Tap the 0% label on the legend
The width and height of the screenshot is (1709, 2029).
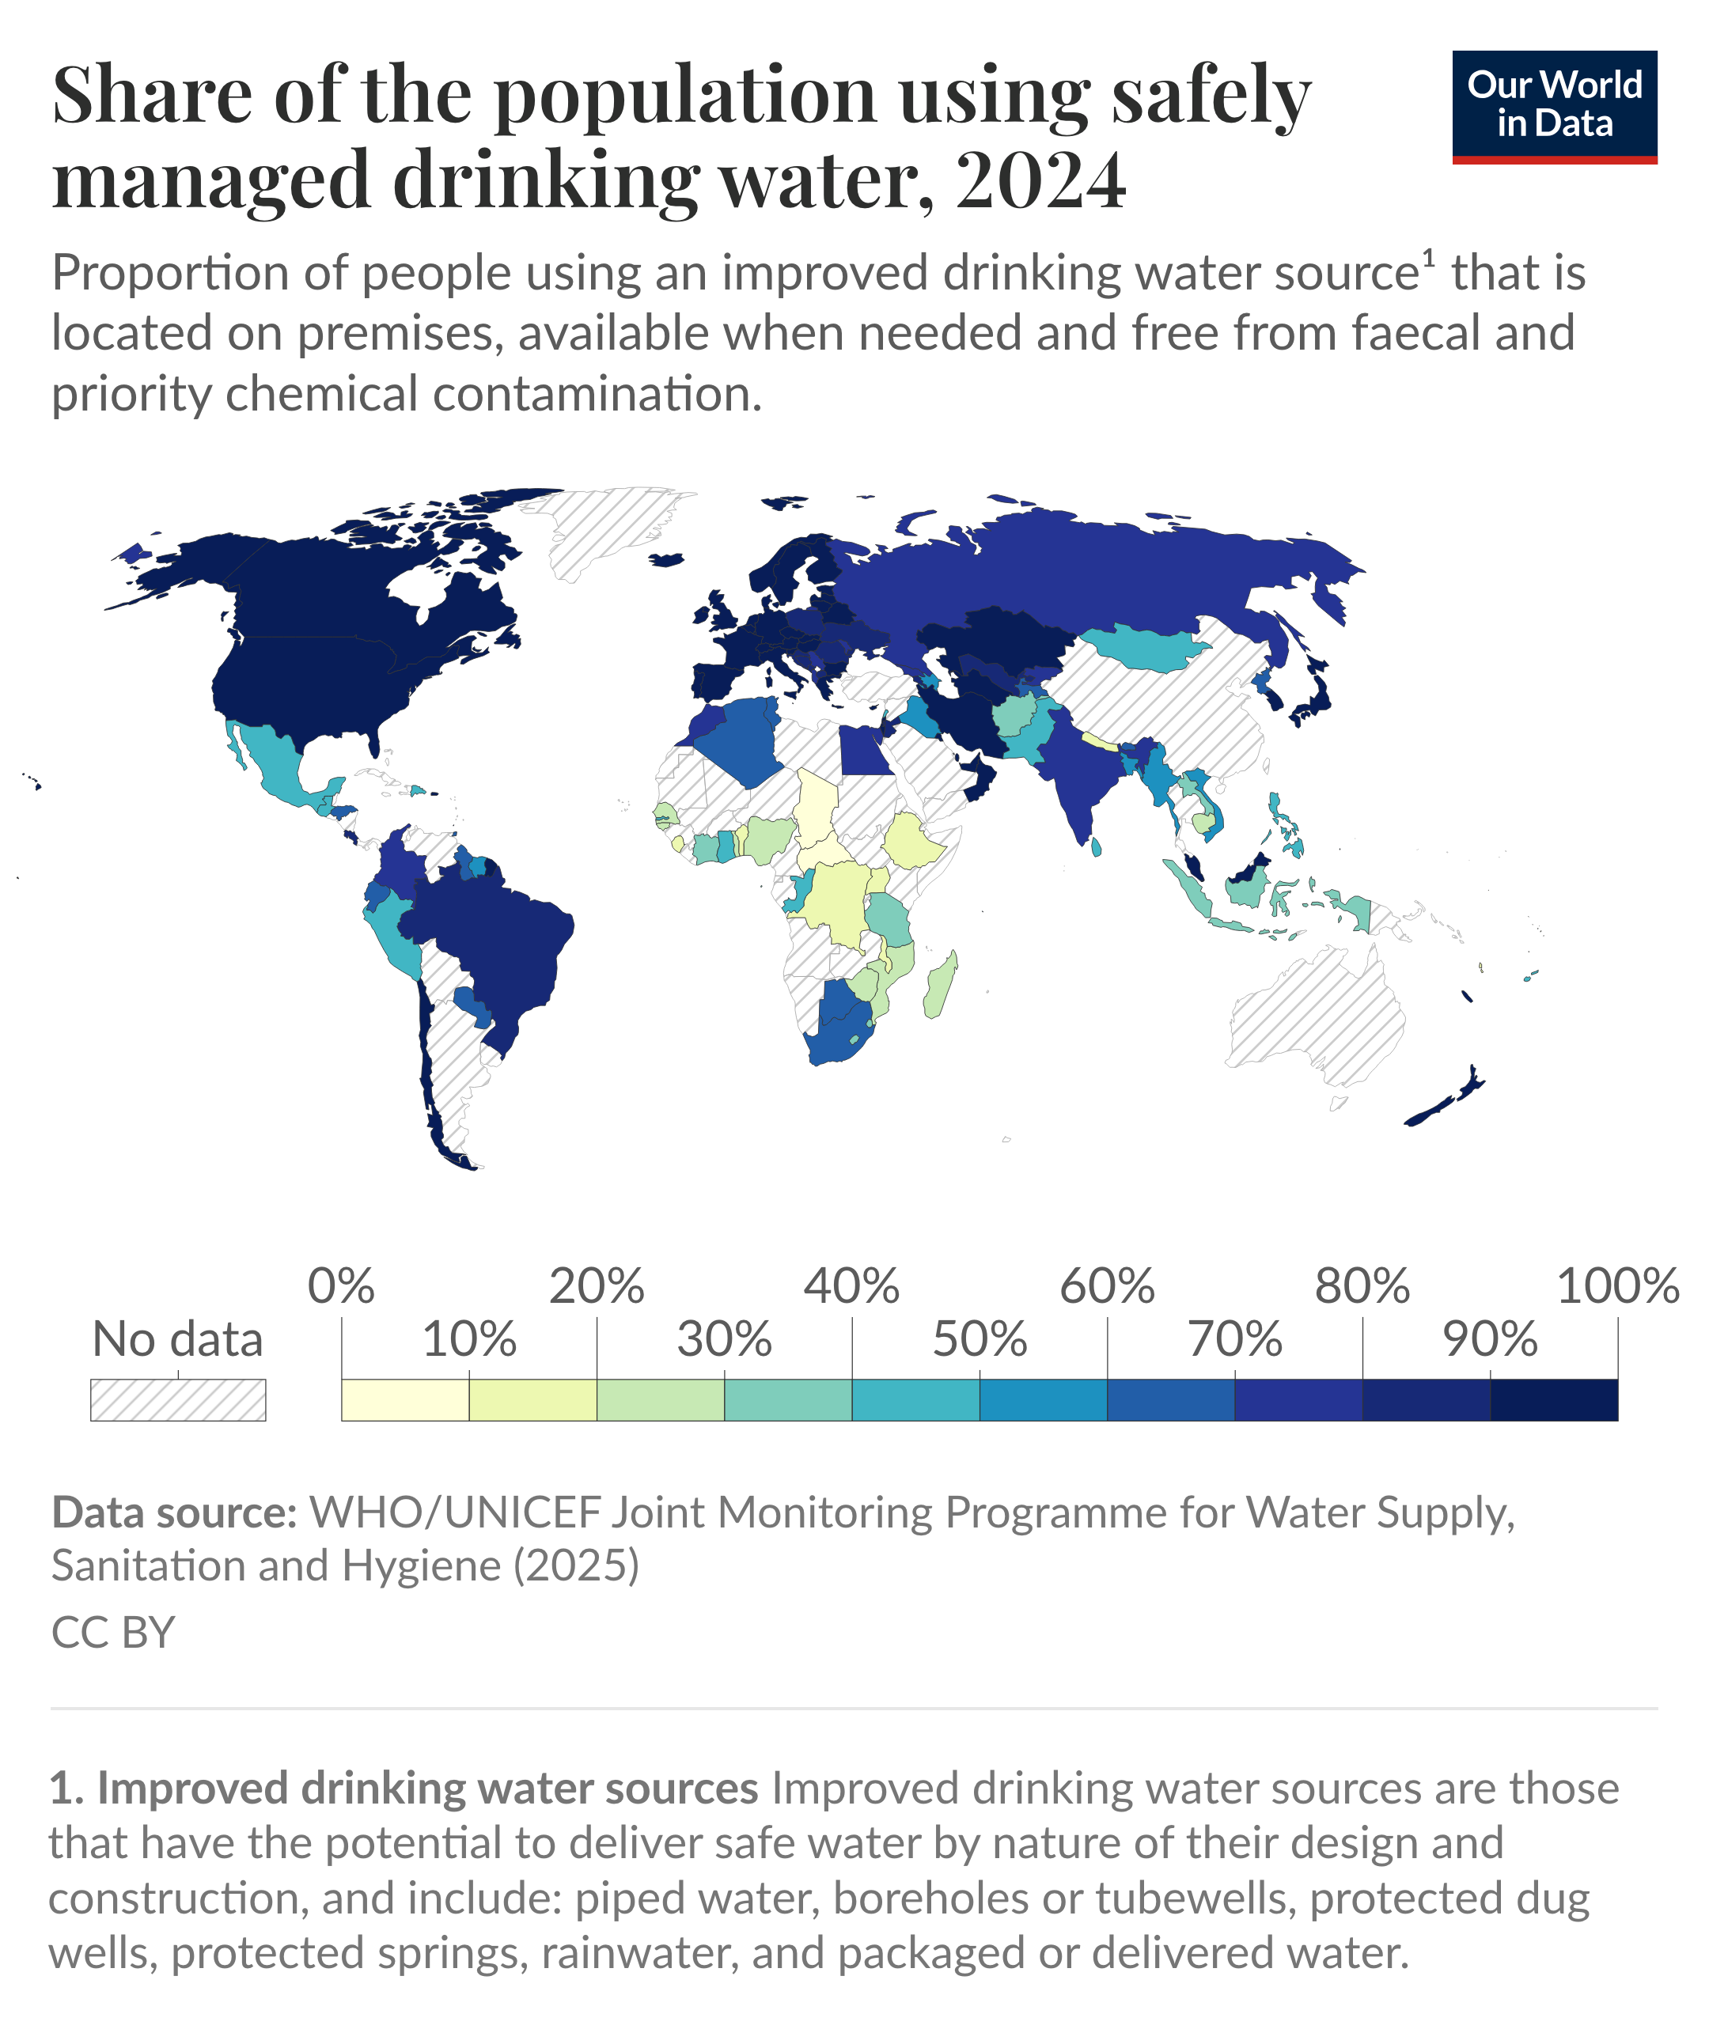pos(341,1287)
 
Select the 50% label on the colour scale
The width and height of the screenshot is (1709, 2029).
pos(979,1340)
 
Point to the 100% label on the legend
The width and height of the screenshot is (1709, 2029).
pos(1616,1287)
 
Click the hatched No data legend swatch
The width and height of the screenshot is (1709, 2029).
pos(178,1399)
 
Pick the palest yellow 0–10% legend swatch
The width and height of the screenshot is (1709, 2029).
pos(405,1399)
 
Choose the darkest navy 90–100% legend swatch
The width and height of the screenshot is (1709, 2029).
pos(1553,1399)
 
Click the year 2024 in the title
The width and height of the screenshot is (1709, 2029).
pos(1040,181)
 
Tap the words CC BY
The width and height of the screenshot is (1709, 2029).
pos(113,1633)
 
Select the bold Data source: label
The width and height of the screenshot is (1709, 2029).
pos(174,1512)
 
